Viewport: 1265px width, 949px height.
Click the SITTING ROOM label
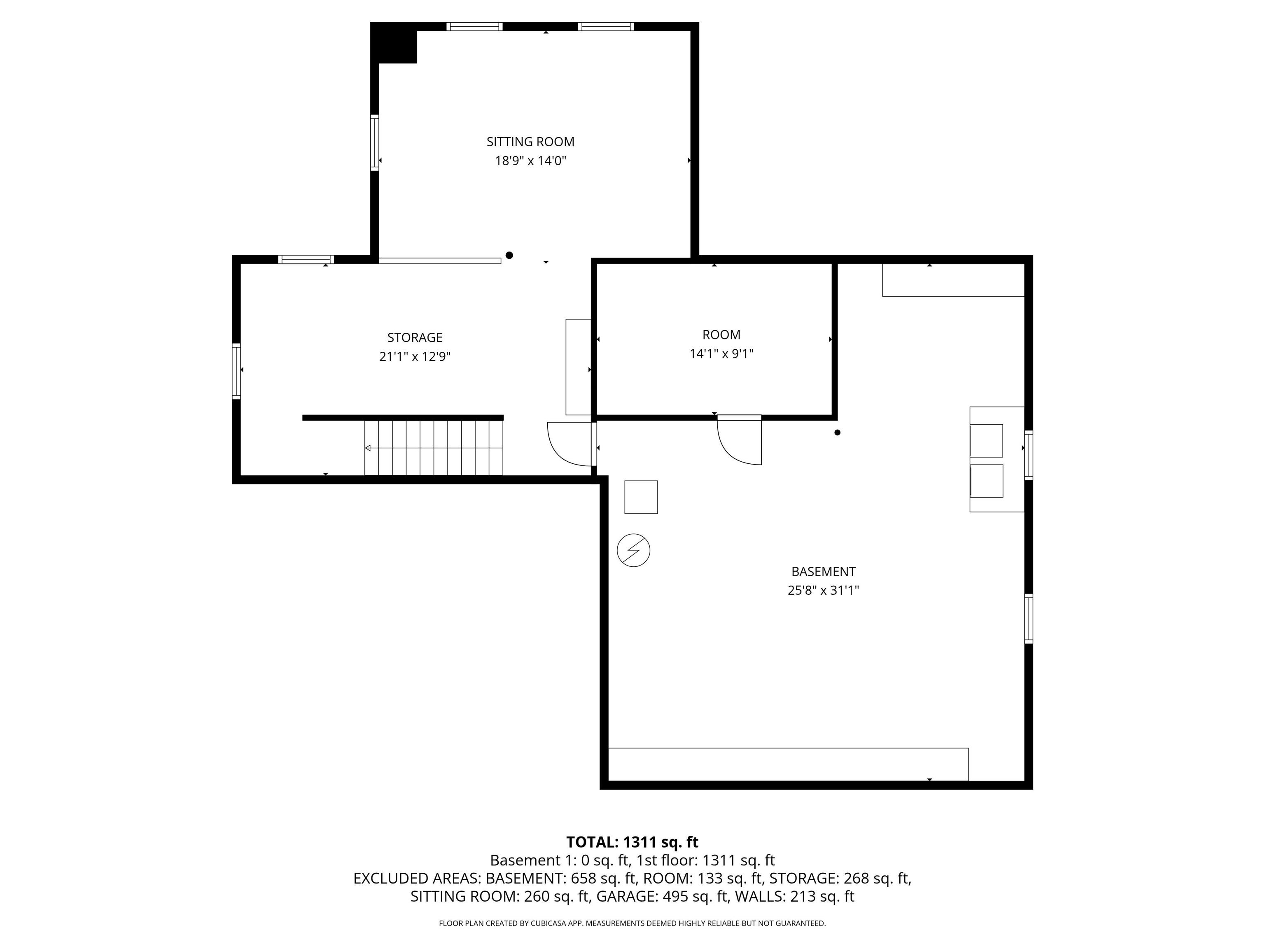tap(530, 142)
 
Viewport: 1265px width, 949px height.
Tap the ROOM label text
tap(721, 334)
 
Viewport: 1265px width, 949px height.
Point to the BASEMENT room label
tap(823, 571)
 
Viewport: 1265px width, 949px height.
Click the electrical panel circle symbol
tap(633, 550)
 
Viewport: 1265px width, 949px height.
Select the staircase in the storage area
tap(434, 447)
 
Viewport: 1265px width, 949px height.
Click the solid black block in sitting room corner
tap(394, 44)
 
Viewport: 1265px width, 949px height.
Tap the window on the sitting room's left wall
tap(375, 143)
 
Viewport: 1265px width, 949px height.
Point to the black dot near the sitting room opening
tap(509, 255)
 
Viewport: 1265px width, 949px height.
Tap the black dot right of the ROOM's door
tap(837, 432)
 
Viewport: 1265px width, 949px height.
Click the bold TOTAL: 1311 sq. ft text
tap(632, 842)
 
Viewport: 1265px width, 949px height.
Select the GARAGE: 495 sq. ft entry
tap(662, 896)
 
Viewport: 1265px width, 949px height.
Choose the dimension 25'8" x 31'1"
tap(823, 590)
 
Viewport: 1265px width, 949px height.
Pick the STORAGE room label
tap(415, 337)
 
